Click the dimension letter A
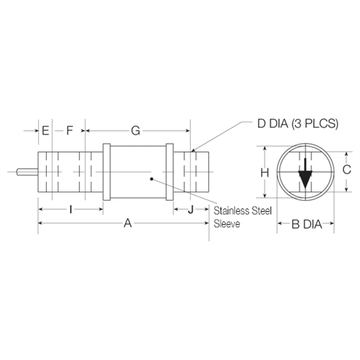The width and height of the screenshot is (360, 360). (126, 223)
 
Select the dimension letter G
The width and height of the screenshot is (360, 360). (135, 131)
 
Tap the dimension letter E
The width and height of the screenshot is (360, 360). (45, 131)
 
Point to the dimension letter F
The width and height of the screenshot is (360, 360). (70, 131)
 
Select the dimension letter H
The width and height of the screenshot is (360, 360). (264, 173)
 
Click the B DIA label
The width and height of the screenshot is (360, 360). (305, 224)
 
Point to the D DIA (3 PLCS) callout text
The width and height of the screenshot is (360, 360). (298, 124)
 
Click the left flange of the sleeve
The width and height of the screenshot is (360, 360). (107, 172)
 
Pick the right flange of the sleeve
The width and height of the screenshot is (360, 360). (169, 172)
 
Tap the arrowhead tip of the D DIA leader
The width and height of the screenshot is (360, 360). (194, 150)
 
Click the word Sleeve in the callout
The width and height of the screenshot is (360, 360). (227, 225)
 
